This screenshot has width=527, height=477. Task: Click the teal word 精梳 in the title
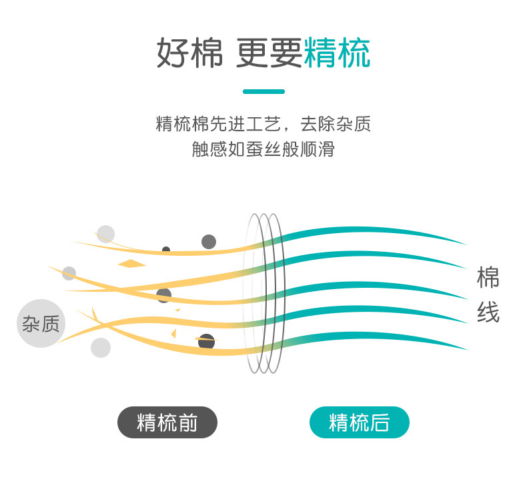[337, 53]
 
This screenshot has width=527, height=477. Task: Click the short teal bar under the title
[263, 91]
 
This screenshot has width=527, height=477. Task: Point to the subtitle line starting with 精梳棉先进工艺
[263, 124]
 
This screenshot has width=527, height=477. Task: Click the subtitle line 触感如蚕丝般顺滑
[263, 149]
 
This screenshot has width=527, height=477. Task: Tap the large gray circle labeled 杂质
[41, 324]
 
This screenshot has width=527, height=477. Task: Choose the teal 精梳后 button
[359, 422]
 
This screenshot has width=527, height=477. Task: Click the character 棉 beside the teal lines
[488, 277]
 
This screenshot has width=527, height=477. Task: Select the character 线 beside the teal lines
[488, 312]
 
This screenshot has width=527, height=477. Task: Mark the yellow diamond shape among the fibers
[131, 264]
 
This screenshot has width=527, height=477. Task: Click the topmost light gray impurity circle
[105, 234]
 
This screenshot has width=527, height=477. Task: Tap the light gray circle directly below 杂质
[101, 347]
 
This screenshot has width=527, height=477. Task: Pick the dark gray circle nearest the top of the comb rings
[209, 242]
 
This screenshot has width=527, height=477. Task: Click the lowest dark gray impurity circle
[207, 341]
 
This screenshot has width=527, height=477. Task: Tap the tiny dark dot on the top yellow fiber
[166, 250]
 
